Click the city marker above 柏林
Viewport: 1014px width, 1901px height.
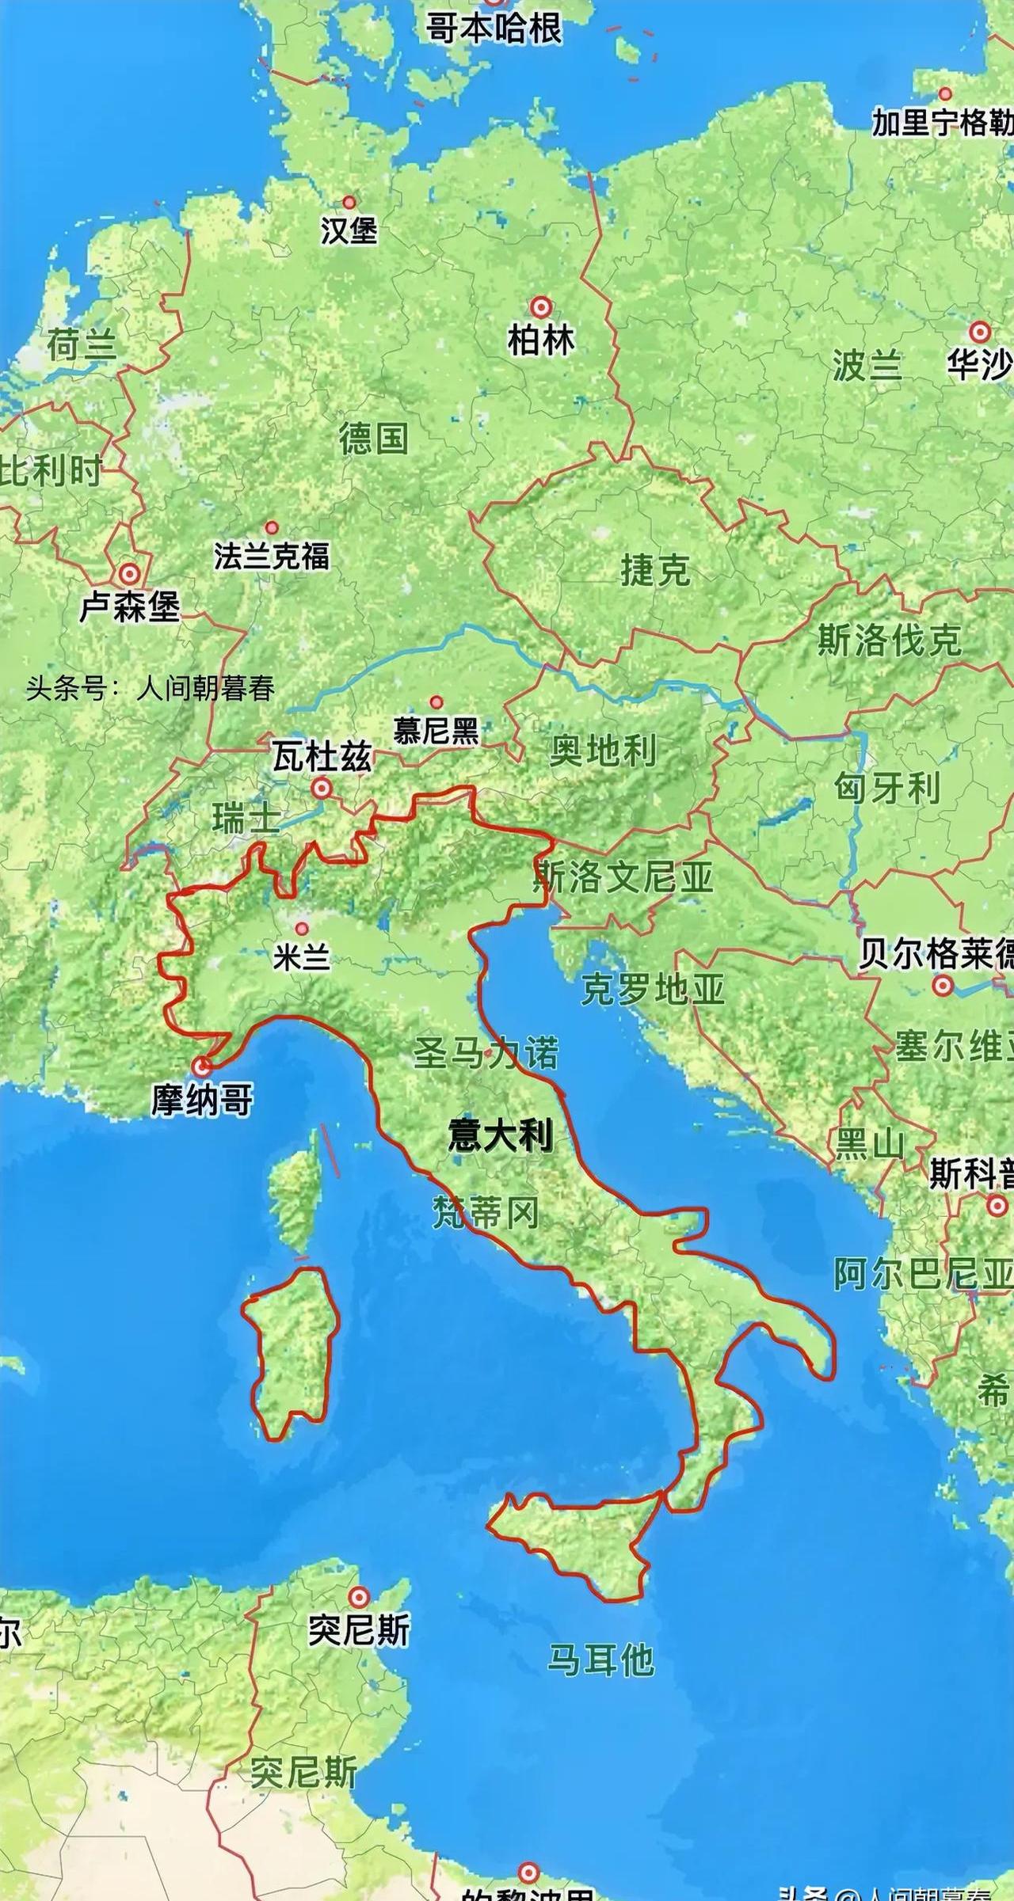541,306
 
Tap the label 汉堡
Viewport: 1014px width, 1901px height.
349,230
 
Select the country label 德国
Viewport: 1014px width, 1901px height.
374,438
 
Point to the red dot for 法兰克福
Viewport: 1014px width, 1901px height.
272,527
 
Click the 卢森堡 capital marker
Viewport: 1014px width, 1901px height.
129,573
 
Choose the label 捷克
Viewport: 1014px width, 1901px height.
655,570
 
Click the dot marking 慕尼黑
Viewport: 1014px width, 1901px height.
436,701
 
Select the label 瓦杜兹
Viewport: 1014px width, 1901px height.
322,758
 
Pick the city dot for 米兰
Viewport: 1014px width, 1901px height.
301,929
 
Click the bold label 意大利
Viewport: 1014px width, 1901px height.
500,1135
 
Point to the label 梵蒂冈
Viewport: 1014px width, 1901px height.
485,1212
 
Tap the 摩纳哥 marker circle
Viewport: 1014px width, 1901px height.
203,1066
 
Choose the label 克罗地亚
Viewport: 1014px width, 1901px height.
653,989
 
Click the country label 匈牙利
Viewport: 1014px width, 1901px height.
887,788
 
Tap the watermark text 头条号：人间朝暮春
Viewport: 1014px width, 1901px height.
151,688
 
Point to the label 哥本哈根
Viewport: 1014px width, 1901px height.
494,29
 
